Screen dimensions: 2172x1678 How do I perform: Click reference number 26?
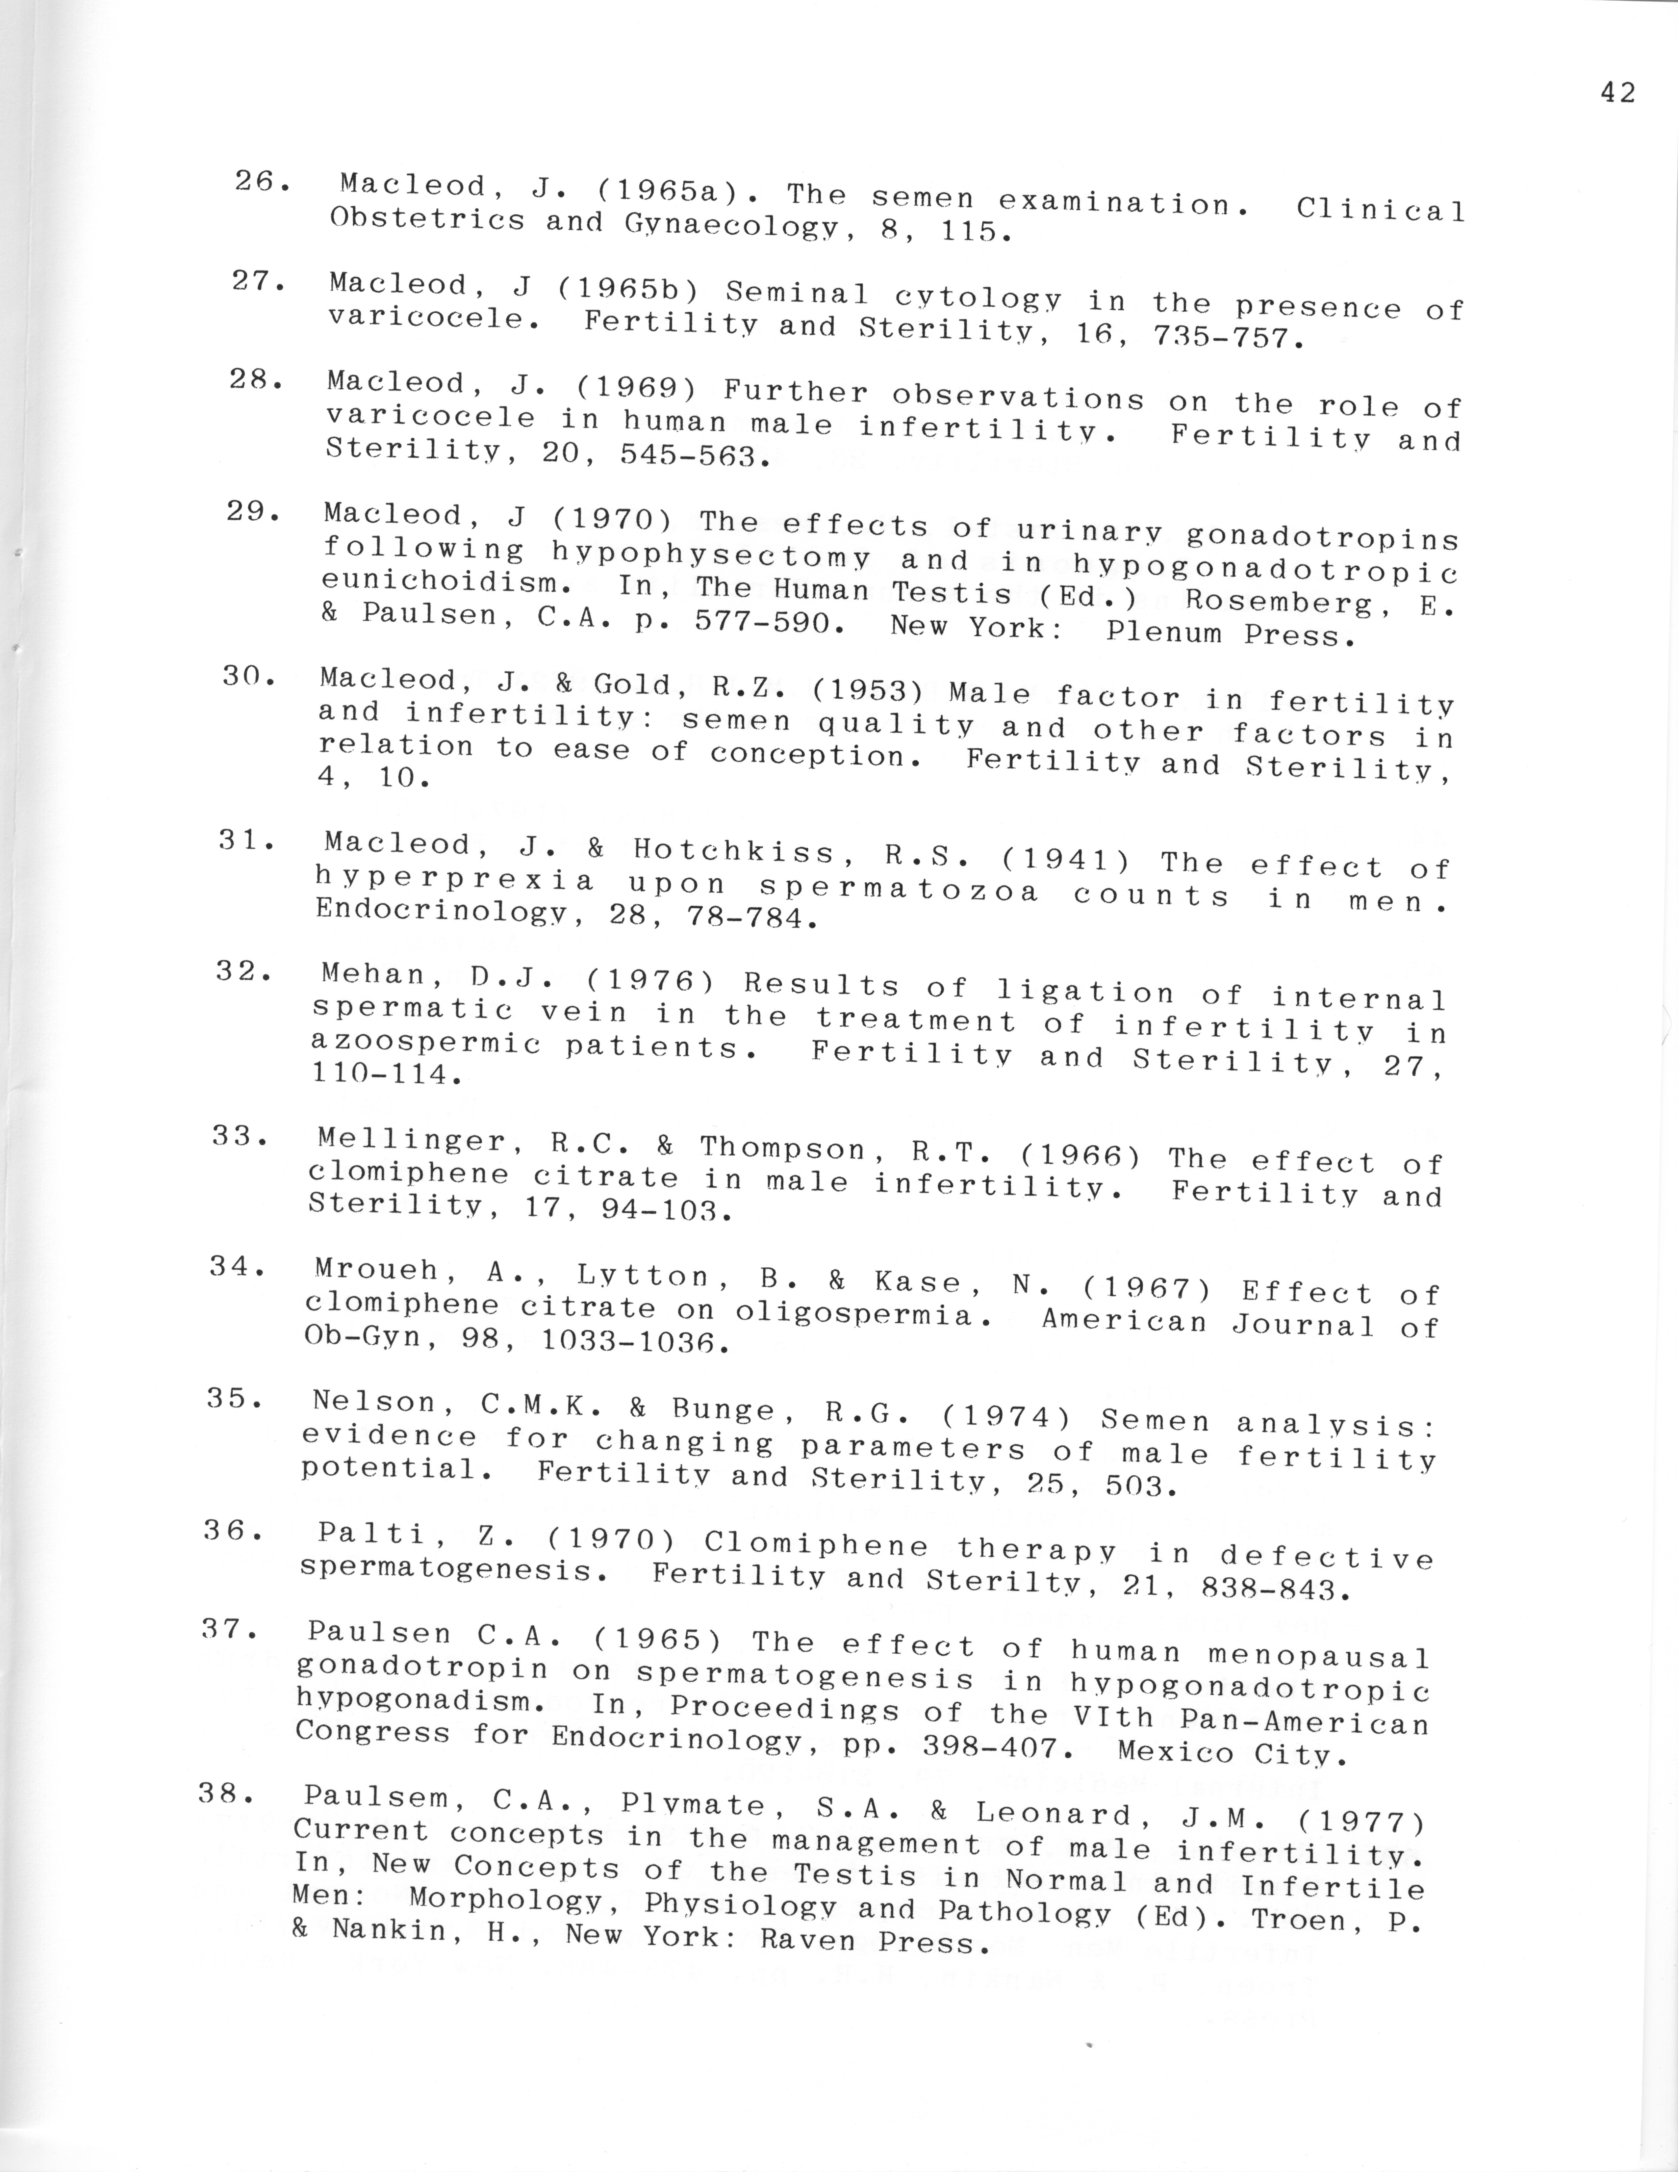click(261, 182)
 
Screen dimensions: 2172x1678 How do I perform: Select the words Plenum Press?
click(1231, 633)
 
